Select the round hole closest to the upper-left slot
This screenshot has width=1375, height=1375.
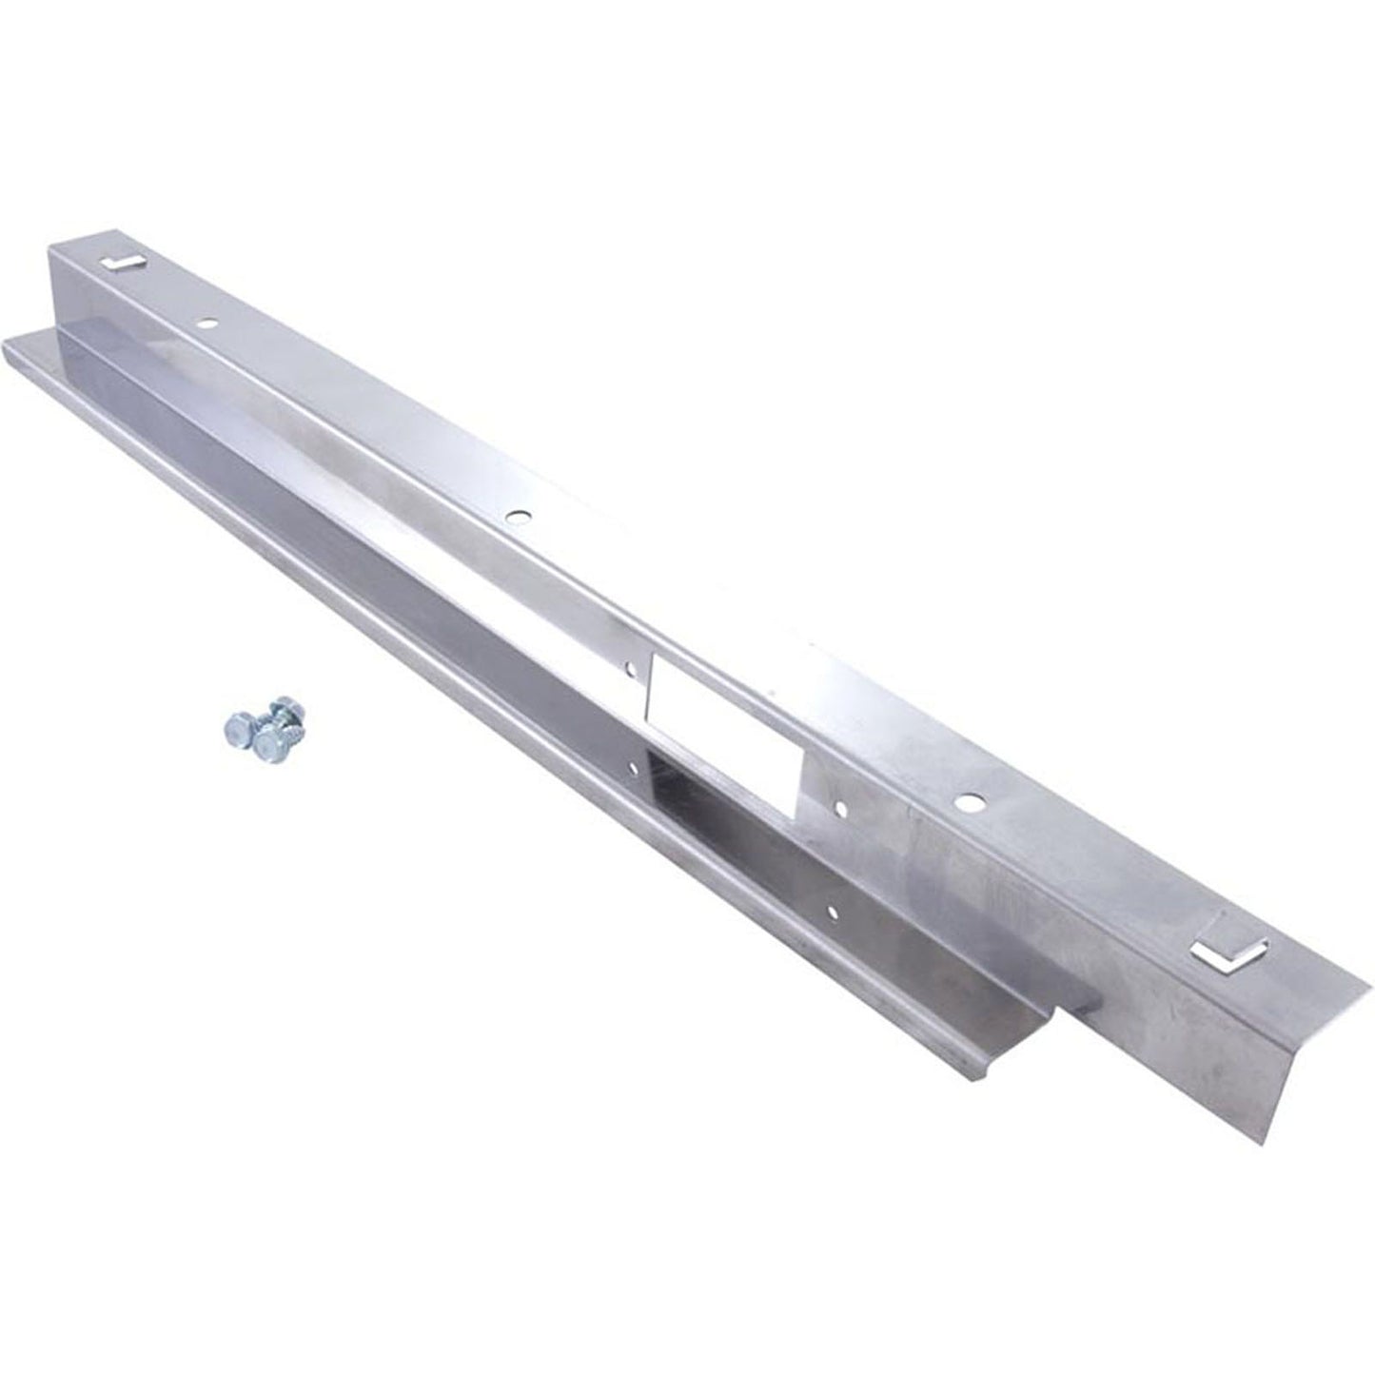click(x=206, y=324)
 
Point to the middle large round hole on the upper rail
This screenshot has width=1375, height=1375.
click(x=517, y=518)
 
